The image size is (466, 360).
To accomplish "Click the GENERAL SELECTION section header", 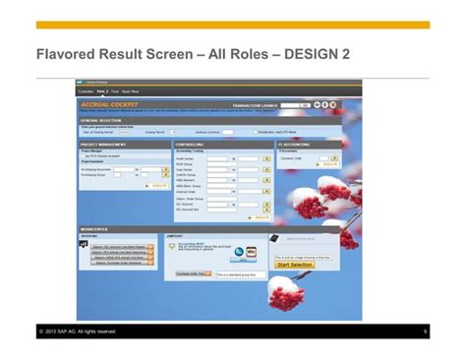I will click(x=101, y=120).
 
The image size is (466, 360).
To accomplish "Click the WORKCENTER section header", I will click(x=94, y=229).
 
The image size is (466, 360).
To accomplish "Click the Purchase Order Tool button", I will click(x=190, y=274).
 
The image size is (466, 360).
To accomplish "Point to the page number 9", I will click(x=426, y=330).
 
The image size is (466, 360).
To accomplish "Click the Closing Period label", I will click(x=153, y=131).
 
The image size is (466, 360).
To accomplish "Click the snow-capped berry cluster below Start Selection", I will click(x=291, y=293).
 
